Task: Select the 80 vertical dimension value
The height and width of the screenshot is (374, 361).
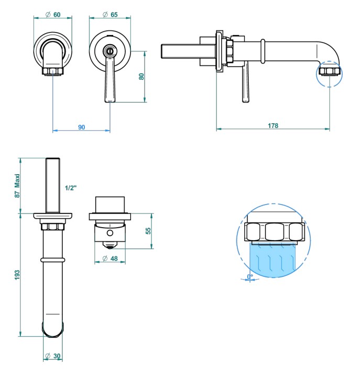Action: [x=141, y=76]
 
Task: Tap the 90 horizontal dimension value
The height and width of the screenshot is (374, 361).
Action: [x=81, y=127]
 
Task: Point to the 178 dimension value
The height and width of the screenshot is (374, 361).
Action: [x=273, y=125]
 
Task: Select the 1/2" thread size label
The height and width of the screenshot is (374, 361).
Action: [x=71, y=188]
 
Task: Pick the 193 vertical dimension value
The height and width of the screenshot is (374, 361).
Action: [x=17, y=275]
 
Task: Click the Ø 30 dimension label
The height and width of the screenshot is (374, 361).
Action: [x=53, y=356]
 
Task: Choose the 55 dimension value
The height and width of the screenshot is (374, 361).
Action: [x=148, y=230]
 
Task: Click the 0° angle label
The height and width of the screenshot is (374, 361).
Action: [x=250, y=276]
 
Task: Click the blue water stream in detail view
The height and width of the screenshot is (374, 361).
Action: [x=272, y=260]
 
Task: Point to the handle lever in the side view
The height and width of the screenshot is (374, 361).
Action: [x=245, y=84]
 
